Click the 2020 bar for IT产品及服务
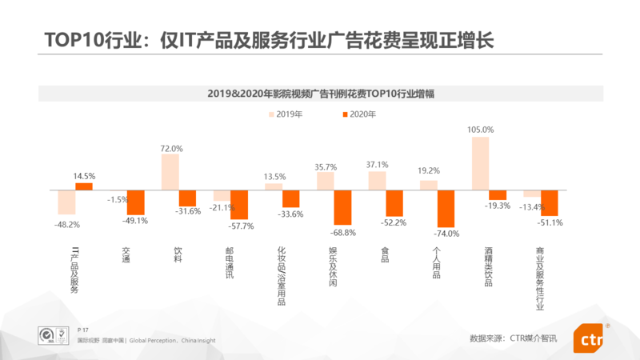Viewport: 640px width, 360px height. pyautogui.click(x=84, y=186)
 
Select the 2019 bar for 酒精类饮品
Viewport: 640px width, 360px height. pyautogui.click(x=480, y=163)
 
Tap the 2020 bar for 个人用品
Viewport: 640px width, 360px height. pyautogui.click(x=446, y=208)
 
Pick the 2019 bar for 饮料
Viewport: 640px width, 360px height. pyautogui.click(x=170, y=172)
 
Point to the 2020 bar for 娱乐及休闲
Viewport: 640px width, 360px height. pyautogui.click(x=342, y=207)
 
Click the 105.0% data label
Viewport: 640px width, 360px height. pyautogui.click(x=480, y=130)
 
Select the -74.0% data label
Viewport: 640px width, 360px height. pyautogui.click(x=446, y=234)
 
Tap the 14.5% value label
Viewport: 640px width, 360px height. pyautogui.click(x=84, y=176)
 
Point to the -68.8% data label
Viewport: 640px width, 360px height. pyautogui.click(x=342, y=232)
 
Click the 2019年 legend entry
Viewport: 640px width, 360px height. pyautogui.click(x=283, y=114)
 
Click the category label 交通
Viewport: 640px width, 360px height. pyautogui.click(x=126, y=255)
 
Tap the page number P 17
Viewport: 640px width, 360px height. pyautogui.click(x=83, y=330)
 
